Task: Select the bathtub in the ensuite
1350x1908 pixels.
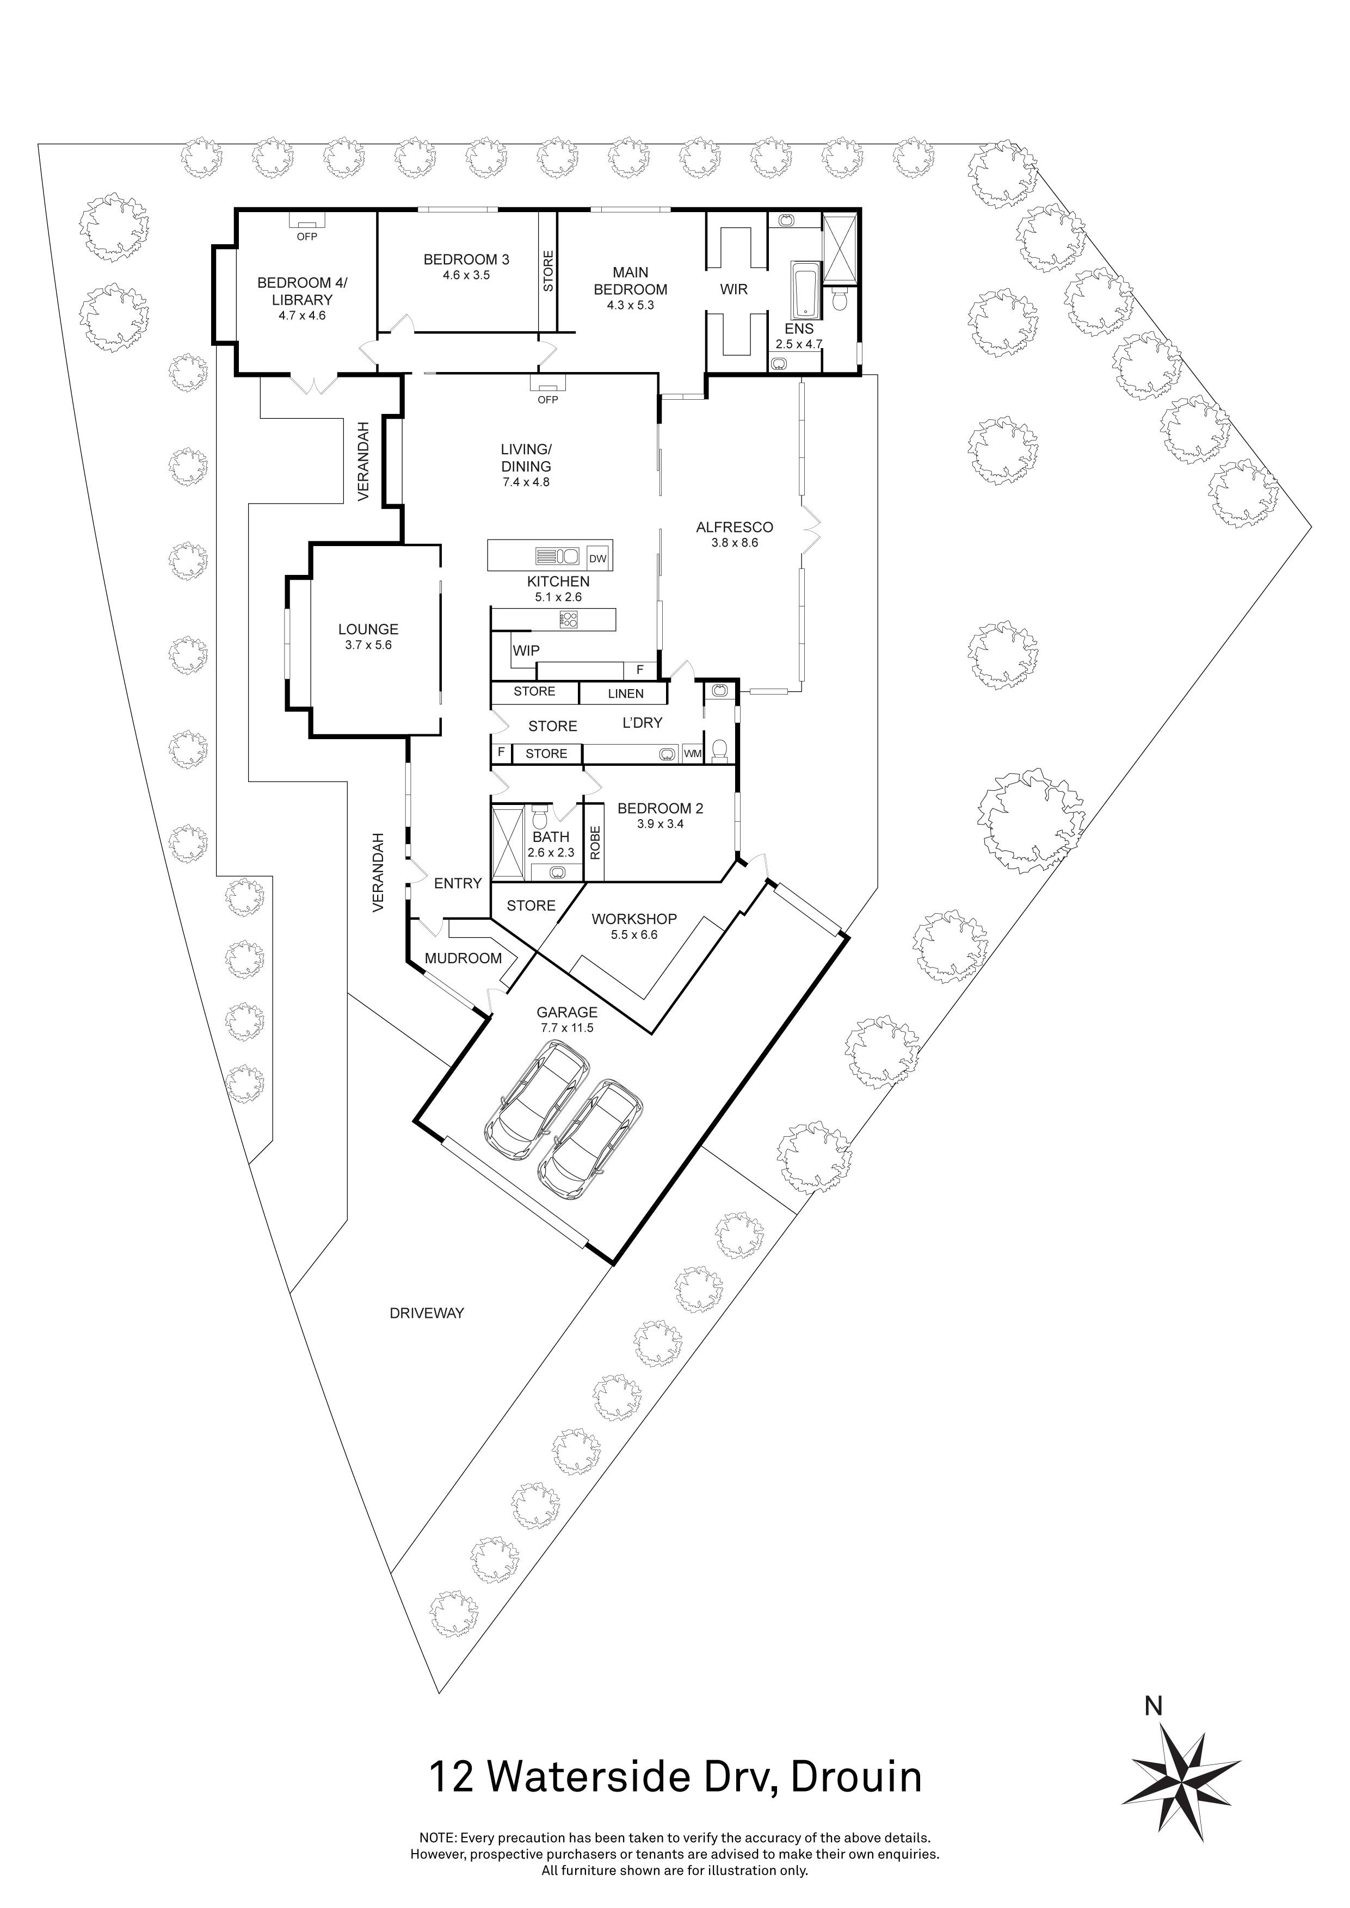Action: pyautogui.click(x=805, y=291)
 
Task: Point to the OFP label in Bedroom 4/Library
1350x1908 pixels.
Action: pyautogui.click(x=307, y=237)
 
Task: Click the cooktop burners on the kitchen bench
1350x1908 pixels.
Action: pyautogui.click(x=569, y=619)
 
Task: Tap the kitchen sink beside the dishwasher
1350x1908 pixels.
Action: pyautogui.click(x=559, y=555)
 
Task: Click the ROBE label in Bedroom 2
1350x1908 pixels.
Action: pyautogui.click(x=595, y=843)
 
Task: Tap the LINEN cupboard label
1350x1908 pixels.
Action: pyautogui.click(x=625, y=693)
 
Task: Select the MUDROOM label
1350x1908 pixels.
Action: pyautogui.click(x=463, y=958)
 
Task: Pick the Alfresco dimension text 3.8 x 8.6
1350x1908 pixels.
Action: pyautogui.click(x=735, y=543)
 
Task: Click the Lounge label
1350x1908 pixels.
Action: pyautogui.click(x=367, y=629)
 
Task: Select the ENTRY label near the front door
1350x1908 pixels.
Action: pyautogui.click(x=457, y=883)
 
